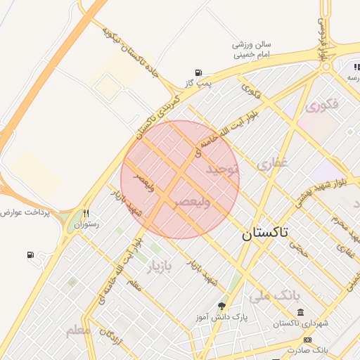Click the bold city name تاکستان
pyautogui.click(x=268, y=233)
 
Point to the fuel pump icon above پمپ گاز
pyautogui.click(x=199, y=72)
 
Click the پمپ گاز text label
pyautogui.click(x=199, y=84)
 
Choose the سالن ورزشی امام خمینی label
pyautogui.click(x=252, y=49)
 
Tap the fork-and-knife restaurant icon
pyautogui.click(x=86, y=213)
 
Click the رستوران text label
pyautogui.click(x=89, y=224)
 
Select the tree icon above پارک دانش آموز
pyautogui.click(x=222, y=306)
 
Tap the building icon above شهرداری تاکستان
pyautogui.click(x=300, y=312)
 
